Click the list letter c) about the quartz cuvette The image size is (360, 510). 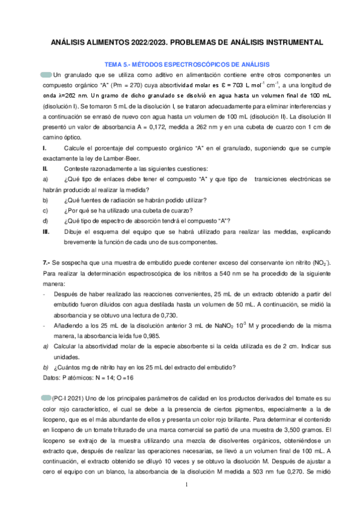click(x=44, y=210)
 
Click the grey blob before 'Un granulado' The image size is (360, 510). click(x=46, y=75)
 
